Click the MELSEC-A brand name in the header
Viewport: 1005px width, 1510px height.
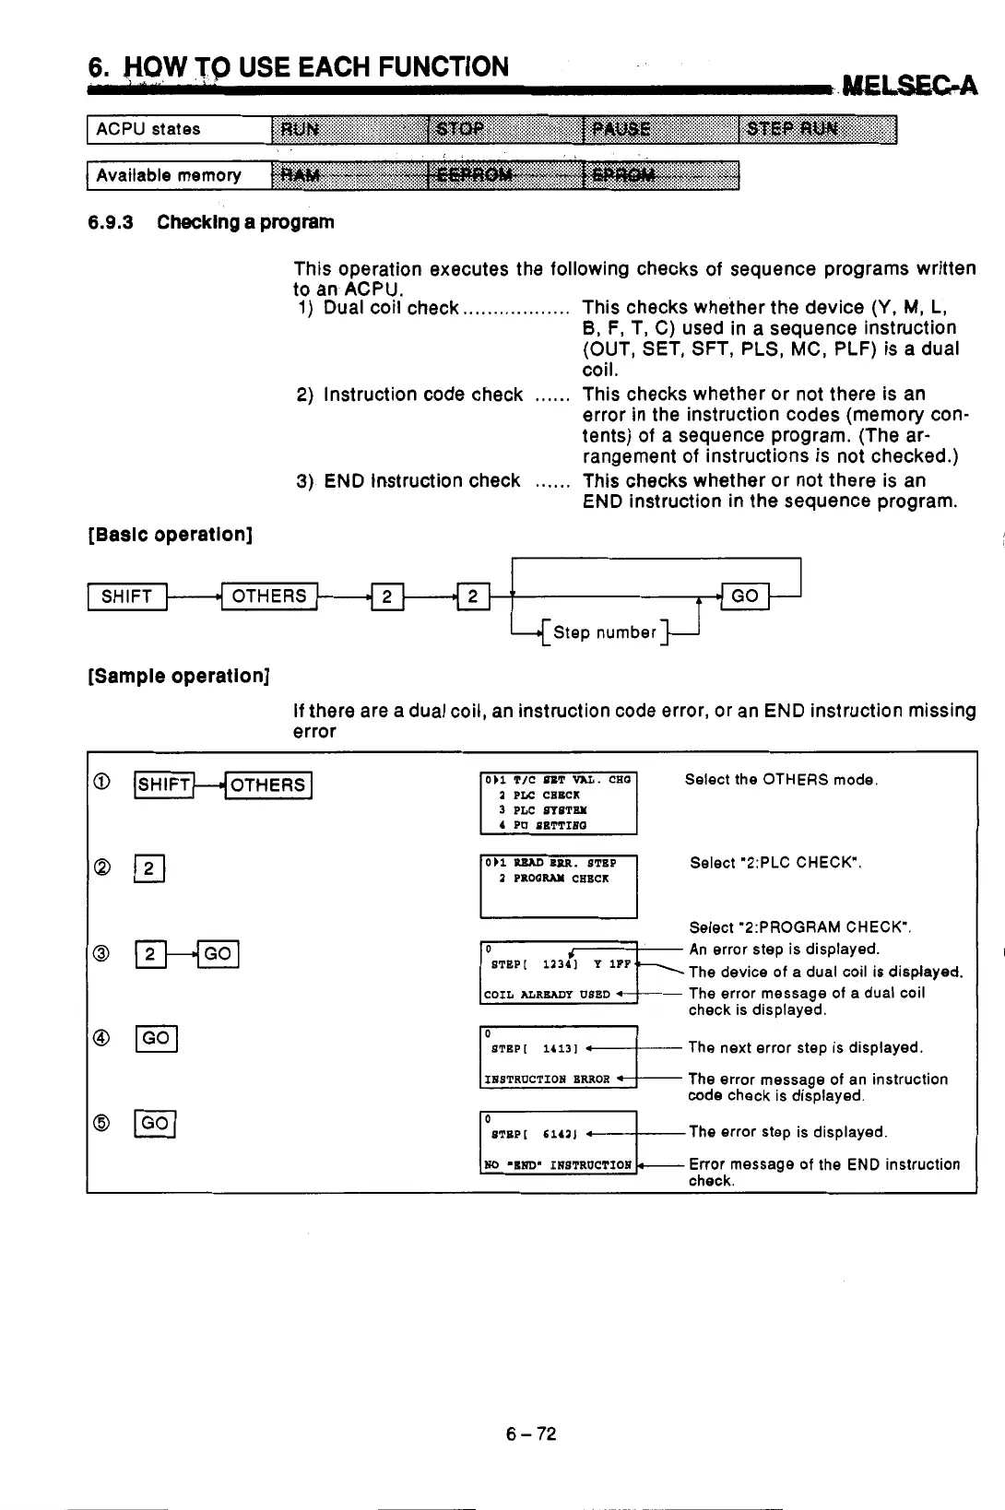click(909, 87)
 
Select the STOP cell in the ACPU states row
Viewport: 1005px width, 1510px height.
click(505, 129)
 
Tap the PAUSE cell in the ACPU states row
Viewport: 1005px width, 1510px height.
click(661, 129)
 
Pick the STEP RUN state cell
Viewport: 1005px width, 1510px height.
click(817, 129)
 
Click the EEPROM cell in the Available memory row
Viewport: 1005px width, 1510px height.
click(505, 175)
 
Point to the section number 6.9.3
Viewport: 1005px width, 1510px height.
click(111, 222)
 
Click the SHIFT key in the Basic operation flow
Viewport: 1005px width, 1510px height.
click(126, 596)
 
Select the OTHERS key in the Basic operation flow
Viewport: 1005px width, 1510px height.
click(269, 596)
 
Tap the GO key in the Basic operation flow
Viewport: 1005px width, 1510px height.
click(744, 596)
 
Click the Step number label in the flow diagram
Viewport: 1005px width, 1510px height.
click(605, 632)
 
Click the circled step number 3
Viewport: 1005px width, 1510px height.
click(102, 954)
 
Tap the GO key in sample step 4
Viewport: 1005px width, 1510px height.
click(156, 1039)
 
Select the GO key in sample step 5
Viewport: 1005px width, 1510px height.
click(156, 1123)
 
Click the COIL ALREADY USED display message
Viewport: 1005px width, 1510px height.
click(548, 995)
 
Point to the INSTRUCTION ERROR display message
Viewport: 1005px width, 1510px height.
click(548, 1079)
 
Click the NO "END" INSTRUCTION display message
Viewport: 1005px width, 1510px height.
click(558, 1164)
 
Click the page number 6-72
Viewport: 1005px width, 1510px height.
click(531, 1433)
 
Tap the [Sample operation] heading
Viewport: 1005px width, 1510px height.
click(178, 676)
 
